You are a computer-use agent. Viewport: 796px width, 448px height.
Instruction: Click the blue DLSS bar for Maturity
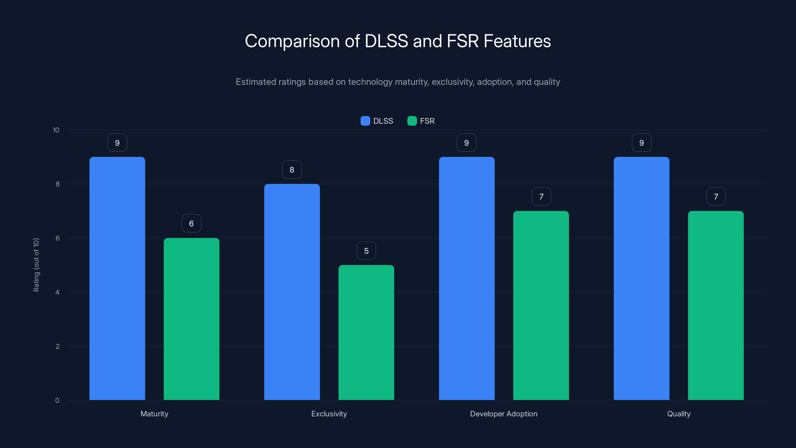pyautogui.click(x=117, y=278)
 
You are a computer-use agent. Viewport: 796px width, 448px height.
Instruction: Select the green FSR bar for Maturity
pyautogui.click(x=191, y=319)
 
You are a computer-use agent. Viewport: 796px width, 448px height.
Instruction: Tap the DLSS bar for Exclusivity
pyautogui.click(x=292, y=292)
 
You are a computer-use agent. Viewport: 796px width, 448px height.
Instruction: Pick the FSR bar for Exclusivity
pyautogui.click(x=366, y=332)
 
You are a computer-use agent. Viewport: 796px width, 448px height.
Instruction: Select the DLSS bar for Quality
pyautogui.click(x=641, y=278)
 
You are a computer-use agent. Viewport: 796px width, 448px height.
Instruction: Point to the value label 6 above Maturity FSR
pyautogui.click(x=191, y=223)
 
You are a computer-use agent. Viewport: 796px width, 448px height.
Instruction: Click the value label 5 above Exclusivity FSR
pyautogui.click(x=366, y=250)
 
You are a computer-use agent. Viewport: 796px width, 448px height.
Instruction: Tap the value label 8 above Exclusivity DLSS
pyautogui.click(x=292, y=169)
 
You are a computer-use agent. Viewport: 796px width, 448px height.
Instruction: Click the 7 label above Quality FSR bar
pyautogui.click(x=716, y=196)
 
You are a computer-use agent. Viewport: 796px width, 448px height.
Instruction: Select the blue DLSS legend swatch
pyautogui.click(x=365, y=121)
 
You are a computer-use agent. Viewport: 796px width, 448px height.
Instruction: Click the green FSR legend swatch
pyautogui.click(x=412, y=121)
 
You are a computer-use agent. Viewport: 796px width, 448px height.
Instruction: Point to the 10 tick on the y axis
pyautogui.click(x=56, y=130)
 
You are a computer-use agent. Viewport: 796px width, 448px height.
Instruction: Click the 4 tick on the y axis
pyautogui.click(x=57, y=292)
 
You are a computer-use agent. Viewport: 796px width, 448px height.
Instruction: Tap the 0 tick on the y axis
pyautogui.click(x=57, y=400)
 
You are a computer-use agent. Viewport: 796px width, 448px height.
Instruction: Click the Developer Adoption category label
pyautogui.click(x=503, y=414)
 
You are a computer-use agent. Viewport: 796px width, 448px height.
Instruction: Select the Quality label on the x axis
pyautogui.click(x=679, y=414)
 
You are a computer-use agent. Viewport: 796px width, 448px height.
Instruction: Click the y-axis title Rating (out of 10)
pyautogui.click(x=36, y=265)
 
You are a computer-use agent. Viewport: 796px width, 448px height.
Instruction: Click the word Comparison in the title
pyautogui.click(x=292, y=41)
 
